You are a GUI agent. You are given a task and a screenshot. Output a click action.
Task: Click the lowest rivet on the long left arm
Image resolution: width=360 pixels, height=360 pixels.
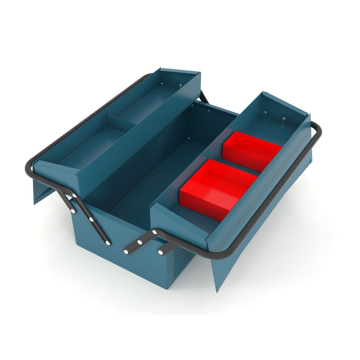click(108, 243)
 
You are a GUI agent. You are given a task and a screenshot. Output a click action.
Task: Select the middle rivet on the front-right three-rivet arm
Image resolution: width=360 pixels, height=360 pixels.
click(140, 242)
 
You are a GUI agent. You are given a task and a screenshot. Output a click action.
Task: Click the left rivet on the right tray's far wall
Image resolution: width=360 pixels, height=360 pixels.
click(265, 113)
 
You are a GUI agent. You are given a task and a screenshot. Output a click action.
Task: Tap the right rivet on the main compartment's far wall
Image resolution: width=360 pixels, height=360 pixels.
click(208, 110)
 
